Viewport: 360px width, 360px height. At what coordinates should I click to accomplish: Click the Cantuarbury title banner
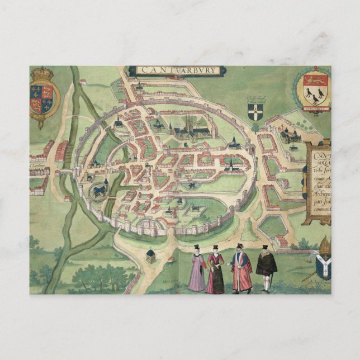177,70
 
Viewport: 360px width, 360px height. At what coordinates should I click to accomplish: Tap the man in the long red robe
241,269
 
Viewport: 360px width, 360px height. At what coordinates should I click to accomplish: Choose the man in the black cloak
266,268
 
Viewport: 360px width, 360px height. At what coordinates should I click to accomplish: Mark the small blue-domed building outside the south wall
150,255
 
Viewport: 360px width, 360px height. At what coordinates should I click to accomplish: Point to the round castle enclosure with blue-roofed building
101,190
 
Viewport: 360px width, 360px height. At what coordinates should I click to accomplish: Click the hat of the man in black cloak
265,247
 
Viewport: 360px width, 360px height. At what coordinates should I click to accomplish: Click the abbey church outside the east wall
291,135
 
